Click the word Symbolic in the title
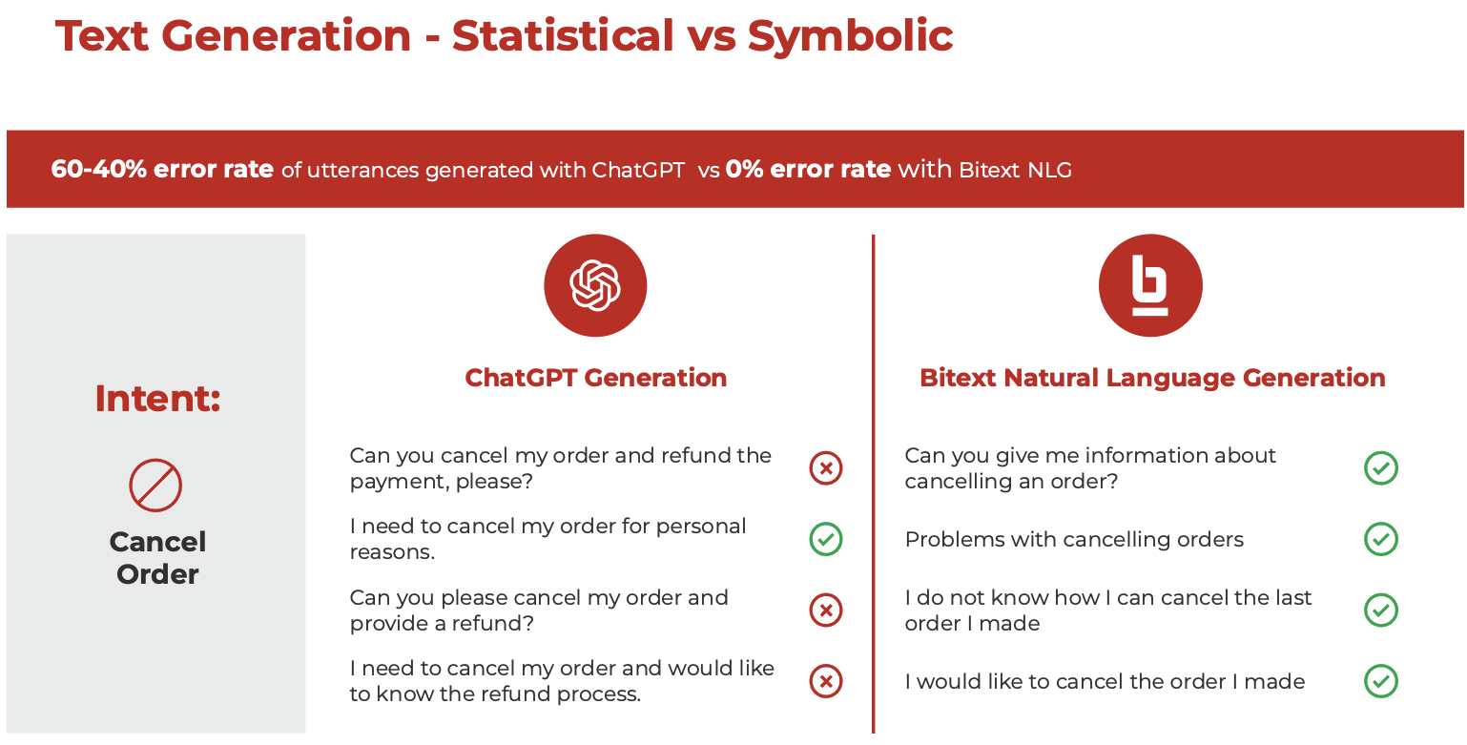click(x=850, y=36)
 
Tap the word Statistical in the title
click(x=563, y=35)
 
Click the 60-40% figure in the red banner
click(x=99, y=169)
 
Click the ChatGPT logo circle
click(x=595, y=285)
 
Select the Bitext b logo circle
click(x=1150, y=285)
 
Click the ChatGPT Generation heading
click(x=596, y=378)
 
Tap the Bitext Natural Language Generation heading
click(x=1152, y=379)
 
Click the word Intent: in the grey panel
click(x=157, y=399)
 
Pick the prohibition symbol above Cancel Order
click(x=155, y=485)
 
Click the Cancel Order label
click(x=157, y=558)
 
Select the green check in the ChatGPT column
click(x=826, y=539)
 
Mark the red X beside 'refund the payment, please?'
click(x=826, y=468)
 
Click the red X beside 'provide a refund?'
click(x=826, y=610)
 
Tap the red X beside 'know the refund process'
click(x=826, y=681)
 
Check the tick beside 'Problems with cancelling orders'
click(x=1381, y=539)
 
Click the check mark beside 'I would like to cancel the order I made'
click(x=1381, y=681)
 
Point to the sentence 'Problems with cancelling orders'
click(x=1074, y=539)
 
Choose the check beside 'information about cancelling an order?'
click(x=1381, y=468)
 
